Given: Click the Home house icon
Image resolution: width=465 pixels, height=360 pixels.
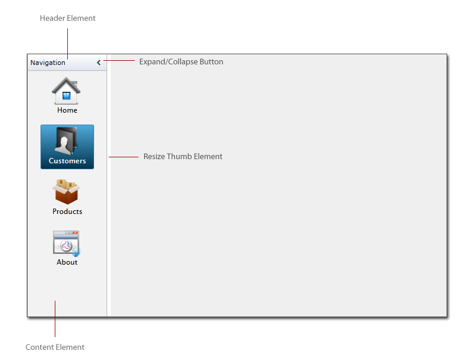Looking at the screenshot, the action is point(66,91).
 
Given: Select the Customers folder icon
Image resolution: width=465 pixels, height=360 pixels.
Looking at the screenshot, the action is point(67,141).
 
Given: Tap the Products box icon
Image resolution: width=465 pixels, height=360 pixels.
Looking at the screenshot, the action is point(67,192).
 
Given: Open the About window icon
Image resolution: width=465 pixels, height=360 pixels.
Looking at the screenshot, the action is point(67,243).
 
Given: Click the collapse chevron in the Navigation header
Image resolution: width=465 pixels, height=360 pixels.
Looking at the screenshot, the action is point(99,63).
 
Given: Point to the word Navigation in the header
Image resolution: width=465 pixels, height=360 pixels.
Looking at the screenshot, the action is point(48,63).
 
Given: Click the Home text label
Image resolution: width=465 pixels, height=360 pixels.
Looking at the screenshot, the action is point(67,110).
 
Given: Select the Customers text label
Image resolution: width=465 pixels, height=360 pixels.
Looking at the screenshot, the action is point(67,161).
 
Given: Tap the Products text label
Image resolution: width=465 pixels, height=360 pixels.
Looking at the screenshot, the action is point(67,212).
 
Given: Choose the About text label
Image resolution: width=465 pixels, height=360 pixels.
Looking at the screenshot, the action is point(67,262).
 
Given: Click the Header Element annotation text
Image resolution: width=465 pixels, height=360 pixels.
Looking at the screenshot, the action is point(68,18).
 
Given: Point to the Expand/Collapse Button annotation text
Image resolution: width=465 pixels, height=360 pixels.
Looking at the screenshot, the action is point(181,62).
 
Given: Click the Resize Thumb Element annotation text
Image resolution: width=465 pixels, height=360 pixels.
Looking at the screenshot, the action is point(183,156).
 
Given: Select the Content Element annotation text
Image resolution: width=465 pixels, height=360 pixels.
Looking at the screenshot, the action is point(55,347).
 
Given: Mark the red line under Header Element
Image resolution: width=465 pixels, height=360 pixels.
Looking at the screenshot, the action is point(68,44).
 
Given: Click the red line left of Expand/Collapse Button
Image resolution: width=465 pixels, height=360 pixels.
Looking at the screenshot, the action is point(119,61).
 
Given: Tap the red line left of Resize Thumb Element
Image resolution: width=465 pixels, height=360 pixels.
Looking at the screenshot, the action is point(123,157).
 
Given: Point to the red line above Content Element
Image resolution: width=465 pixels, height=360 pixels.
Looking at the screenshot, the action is point(55,319).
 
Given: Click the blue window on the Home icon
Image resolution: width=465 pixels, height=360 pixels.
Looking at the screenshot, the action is point(67,95).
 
